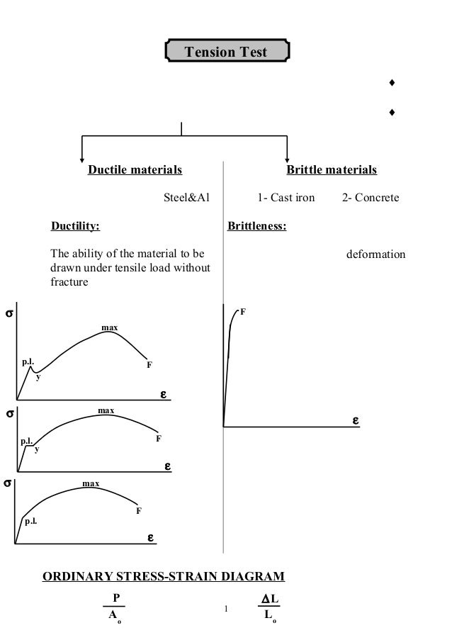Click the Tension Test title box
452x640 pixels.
click(226, 52)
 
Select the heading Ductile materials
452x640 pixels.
click(135, 170)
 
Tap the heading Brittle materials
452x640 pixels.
click(332, 170)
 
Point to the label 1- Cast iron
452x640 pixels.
click(286, 197)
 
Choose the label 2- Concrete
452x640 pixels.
click(371, 197)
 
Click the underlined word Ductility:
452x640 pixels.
click(75, 227)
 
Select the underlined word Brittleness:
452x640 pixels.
click(256, 227)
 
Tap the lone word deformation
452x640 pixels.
click(375, 254)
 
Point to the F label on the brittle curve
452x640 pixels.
click(242, 311)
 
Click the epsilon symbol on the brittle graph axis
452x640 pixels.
click(356, 421)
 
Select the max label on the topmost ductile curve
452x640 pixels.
click(109, 327)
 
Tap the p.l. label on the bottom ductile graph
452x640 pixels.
click(31, 521)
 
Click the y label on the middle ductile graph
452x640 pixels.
click(37, 449)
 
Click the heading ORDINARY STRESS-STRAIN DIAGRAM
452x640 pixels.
click(164, 577)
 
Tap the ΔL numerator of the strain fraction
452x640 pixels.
click(270, 600)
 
